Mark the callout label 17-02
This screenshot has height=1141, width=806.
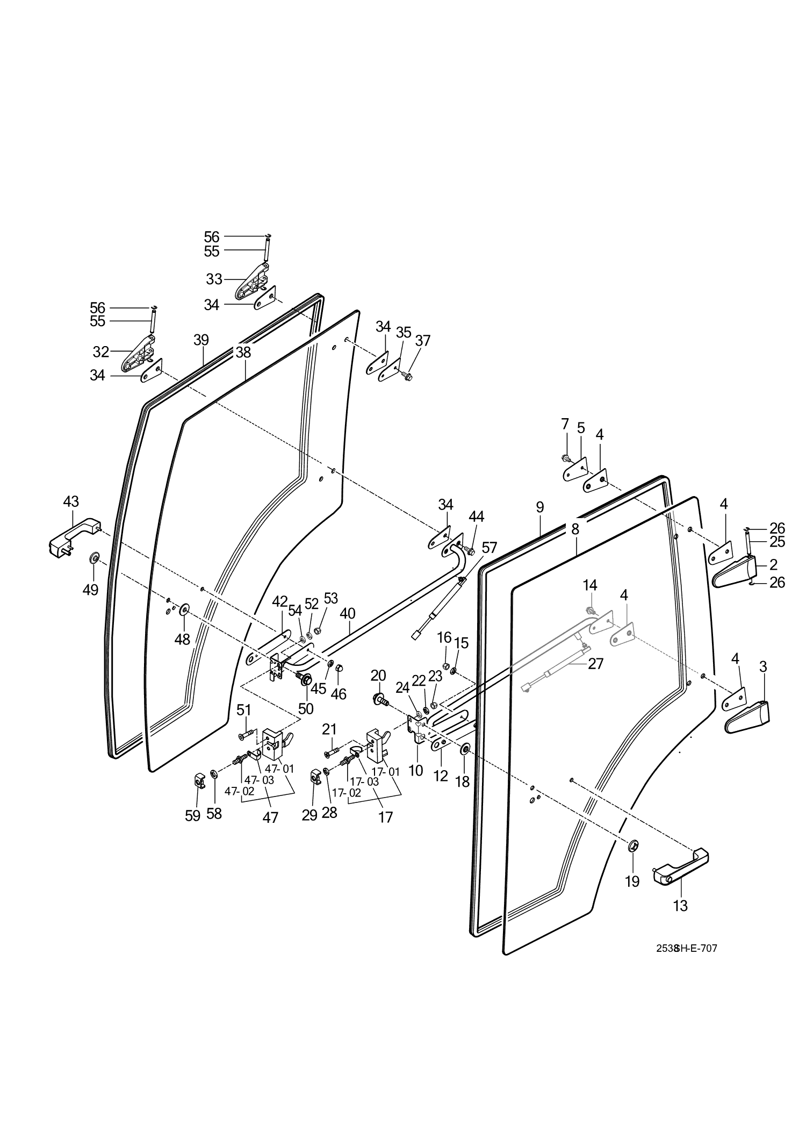(x=346, y=793)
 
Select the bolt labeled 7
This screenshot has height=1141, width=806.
(x=565, y=458)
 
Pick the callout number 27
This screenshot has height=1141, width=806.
(x=595, y=664)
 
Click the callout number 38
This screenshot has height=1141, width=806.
(x=243, y=353)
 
